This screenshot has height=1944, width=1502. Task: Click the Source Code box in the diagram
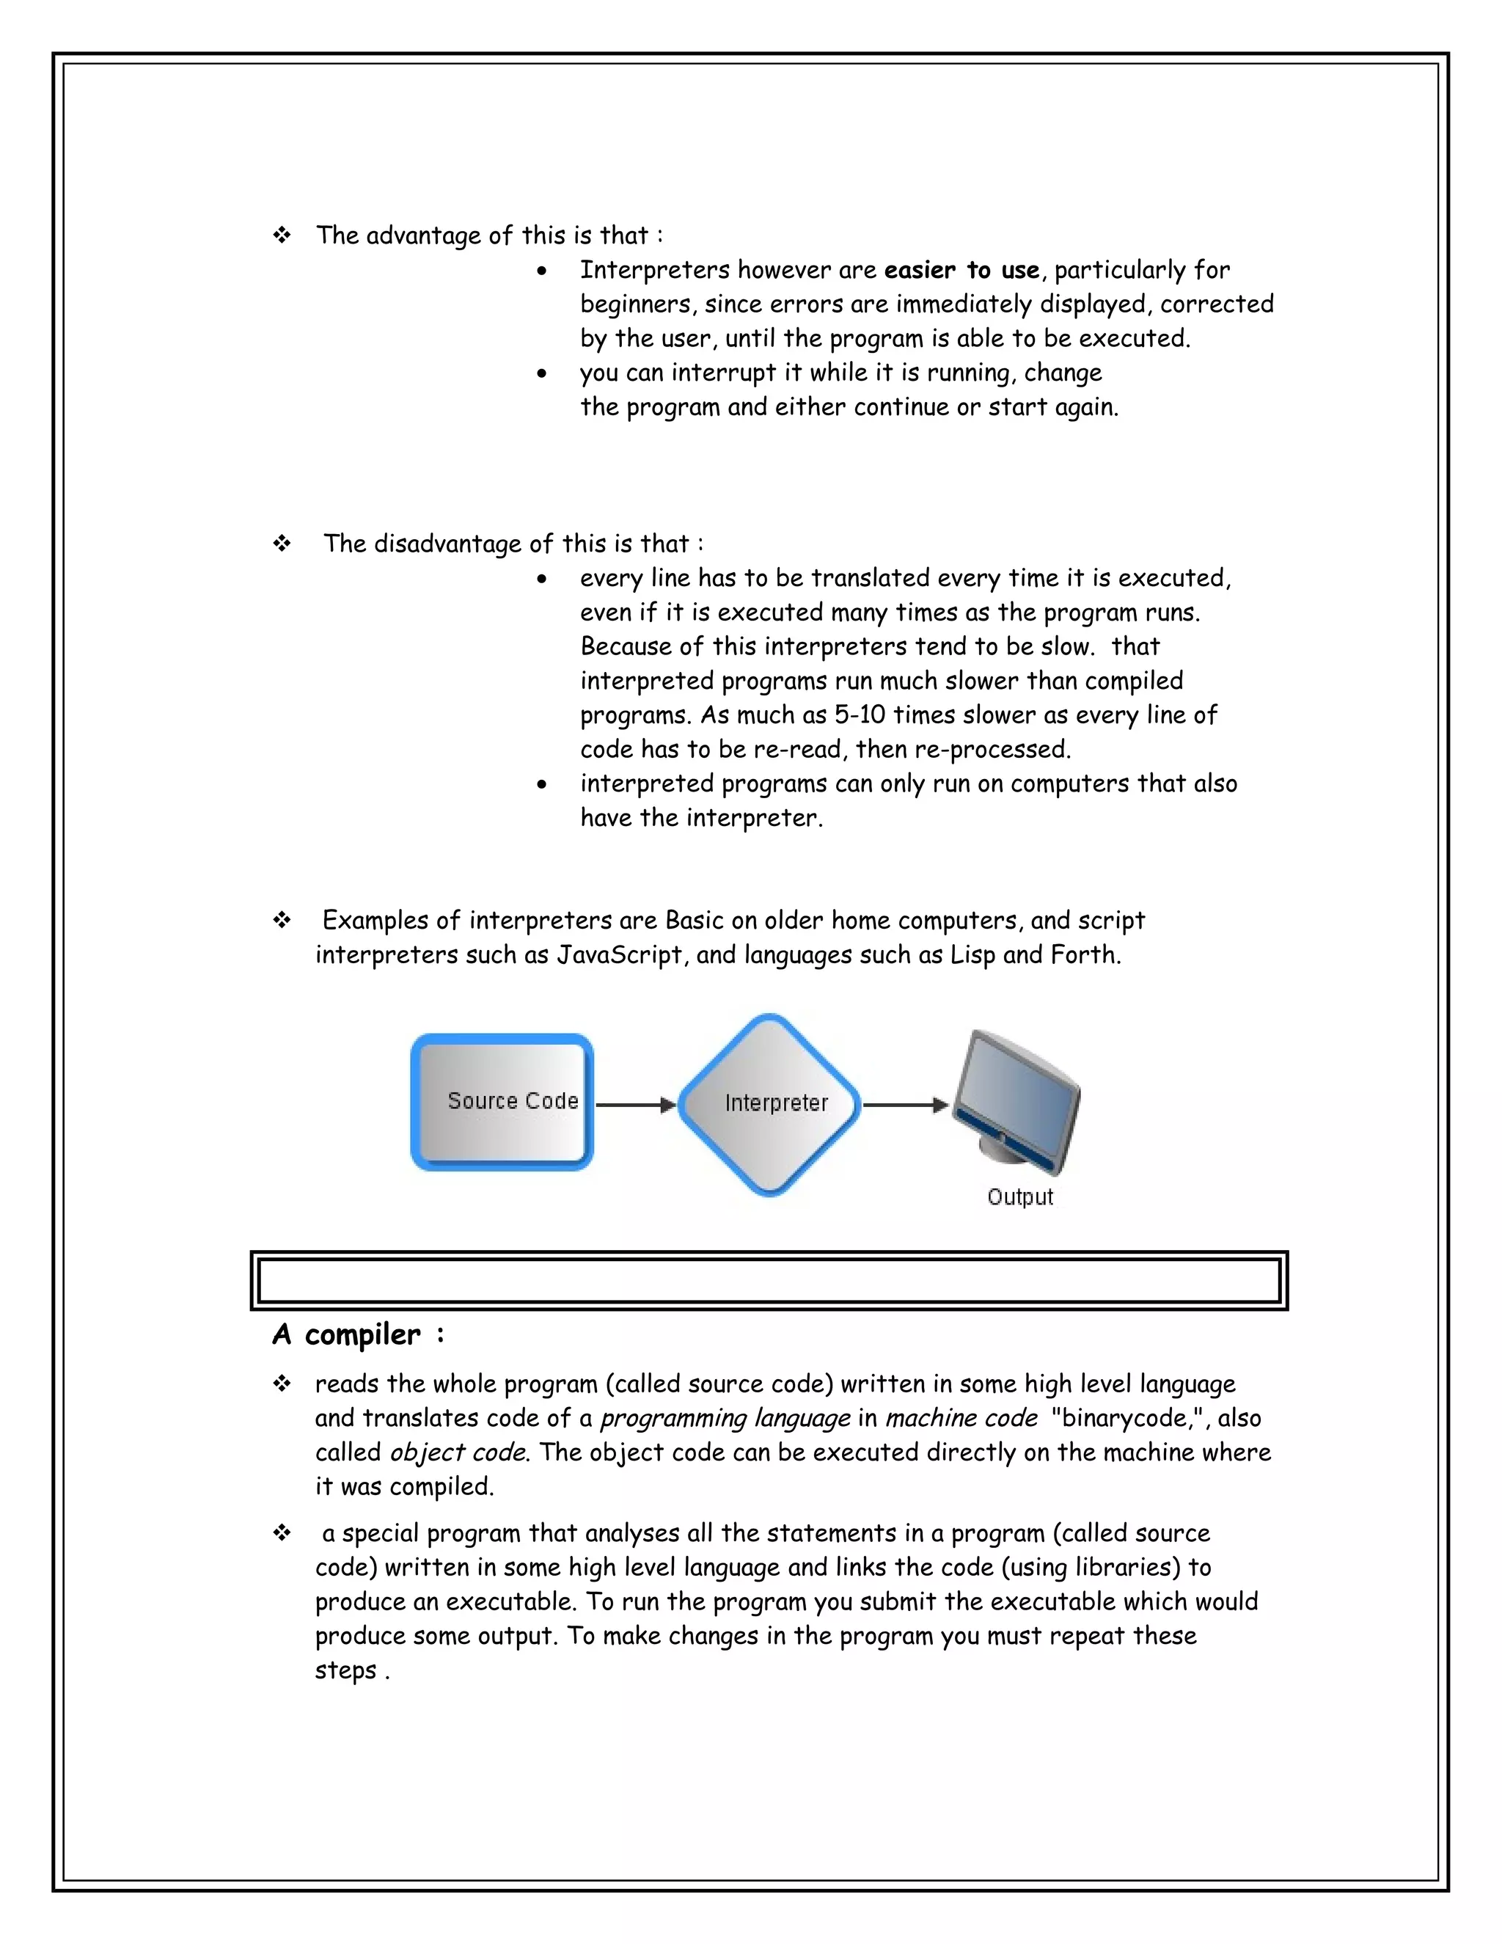click(x=502, y=1102)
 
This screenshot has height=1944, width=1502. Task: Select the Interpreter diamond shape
click(x=769, y=1104)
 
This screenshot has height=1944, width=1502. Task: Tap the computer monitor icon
click(x=1016, y=1101)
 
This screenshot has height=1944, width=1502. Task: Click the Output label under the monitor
click(x=1019, y=1197)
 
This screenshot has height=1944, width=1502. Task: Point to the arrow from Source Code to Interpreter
click(x=635, y=1105)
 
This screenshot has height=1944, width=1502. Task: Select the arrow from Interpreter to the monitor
click(x=905, y=1105)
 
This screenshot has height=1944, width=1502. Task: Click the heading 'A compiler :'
click(x=358, y=1334)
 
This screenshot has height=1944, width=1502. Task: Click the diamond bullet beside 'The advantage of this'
click(x=282, y=236)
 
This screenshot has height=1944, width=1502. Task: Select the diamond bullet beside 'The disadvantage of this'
click(x=282, y=544)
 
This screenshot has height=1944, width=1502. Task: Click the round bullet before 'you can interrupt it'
click(x=542, y=374)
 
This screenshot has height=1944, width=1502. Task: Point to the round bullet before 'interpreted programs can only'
click(x=542, y=785)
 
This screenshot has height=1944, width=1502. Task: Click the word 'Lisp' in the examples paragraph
click(x=972, y=955)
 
